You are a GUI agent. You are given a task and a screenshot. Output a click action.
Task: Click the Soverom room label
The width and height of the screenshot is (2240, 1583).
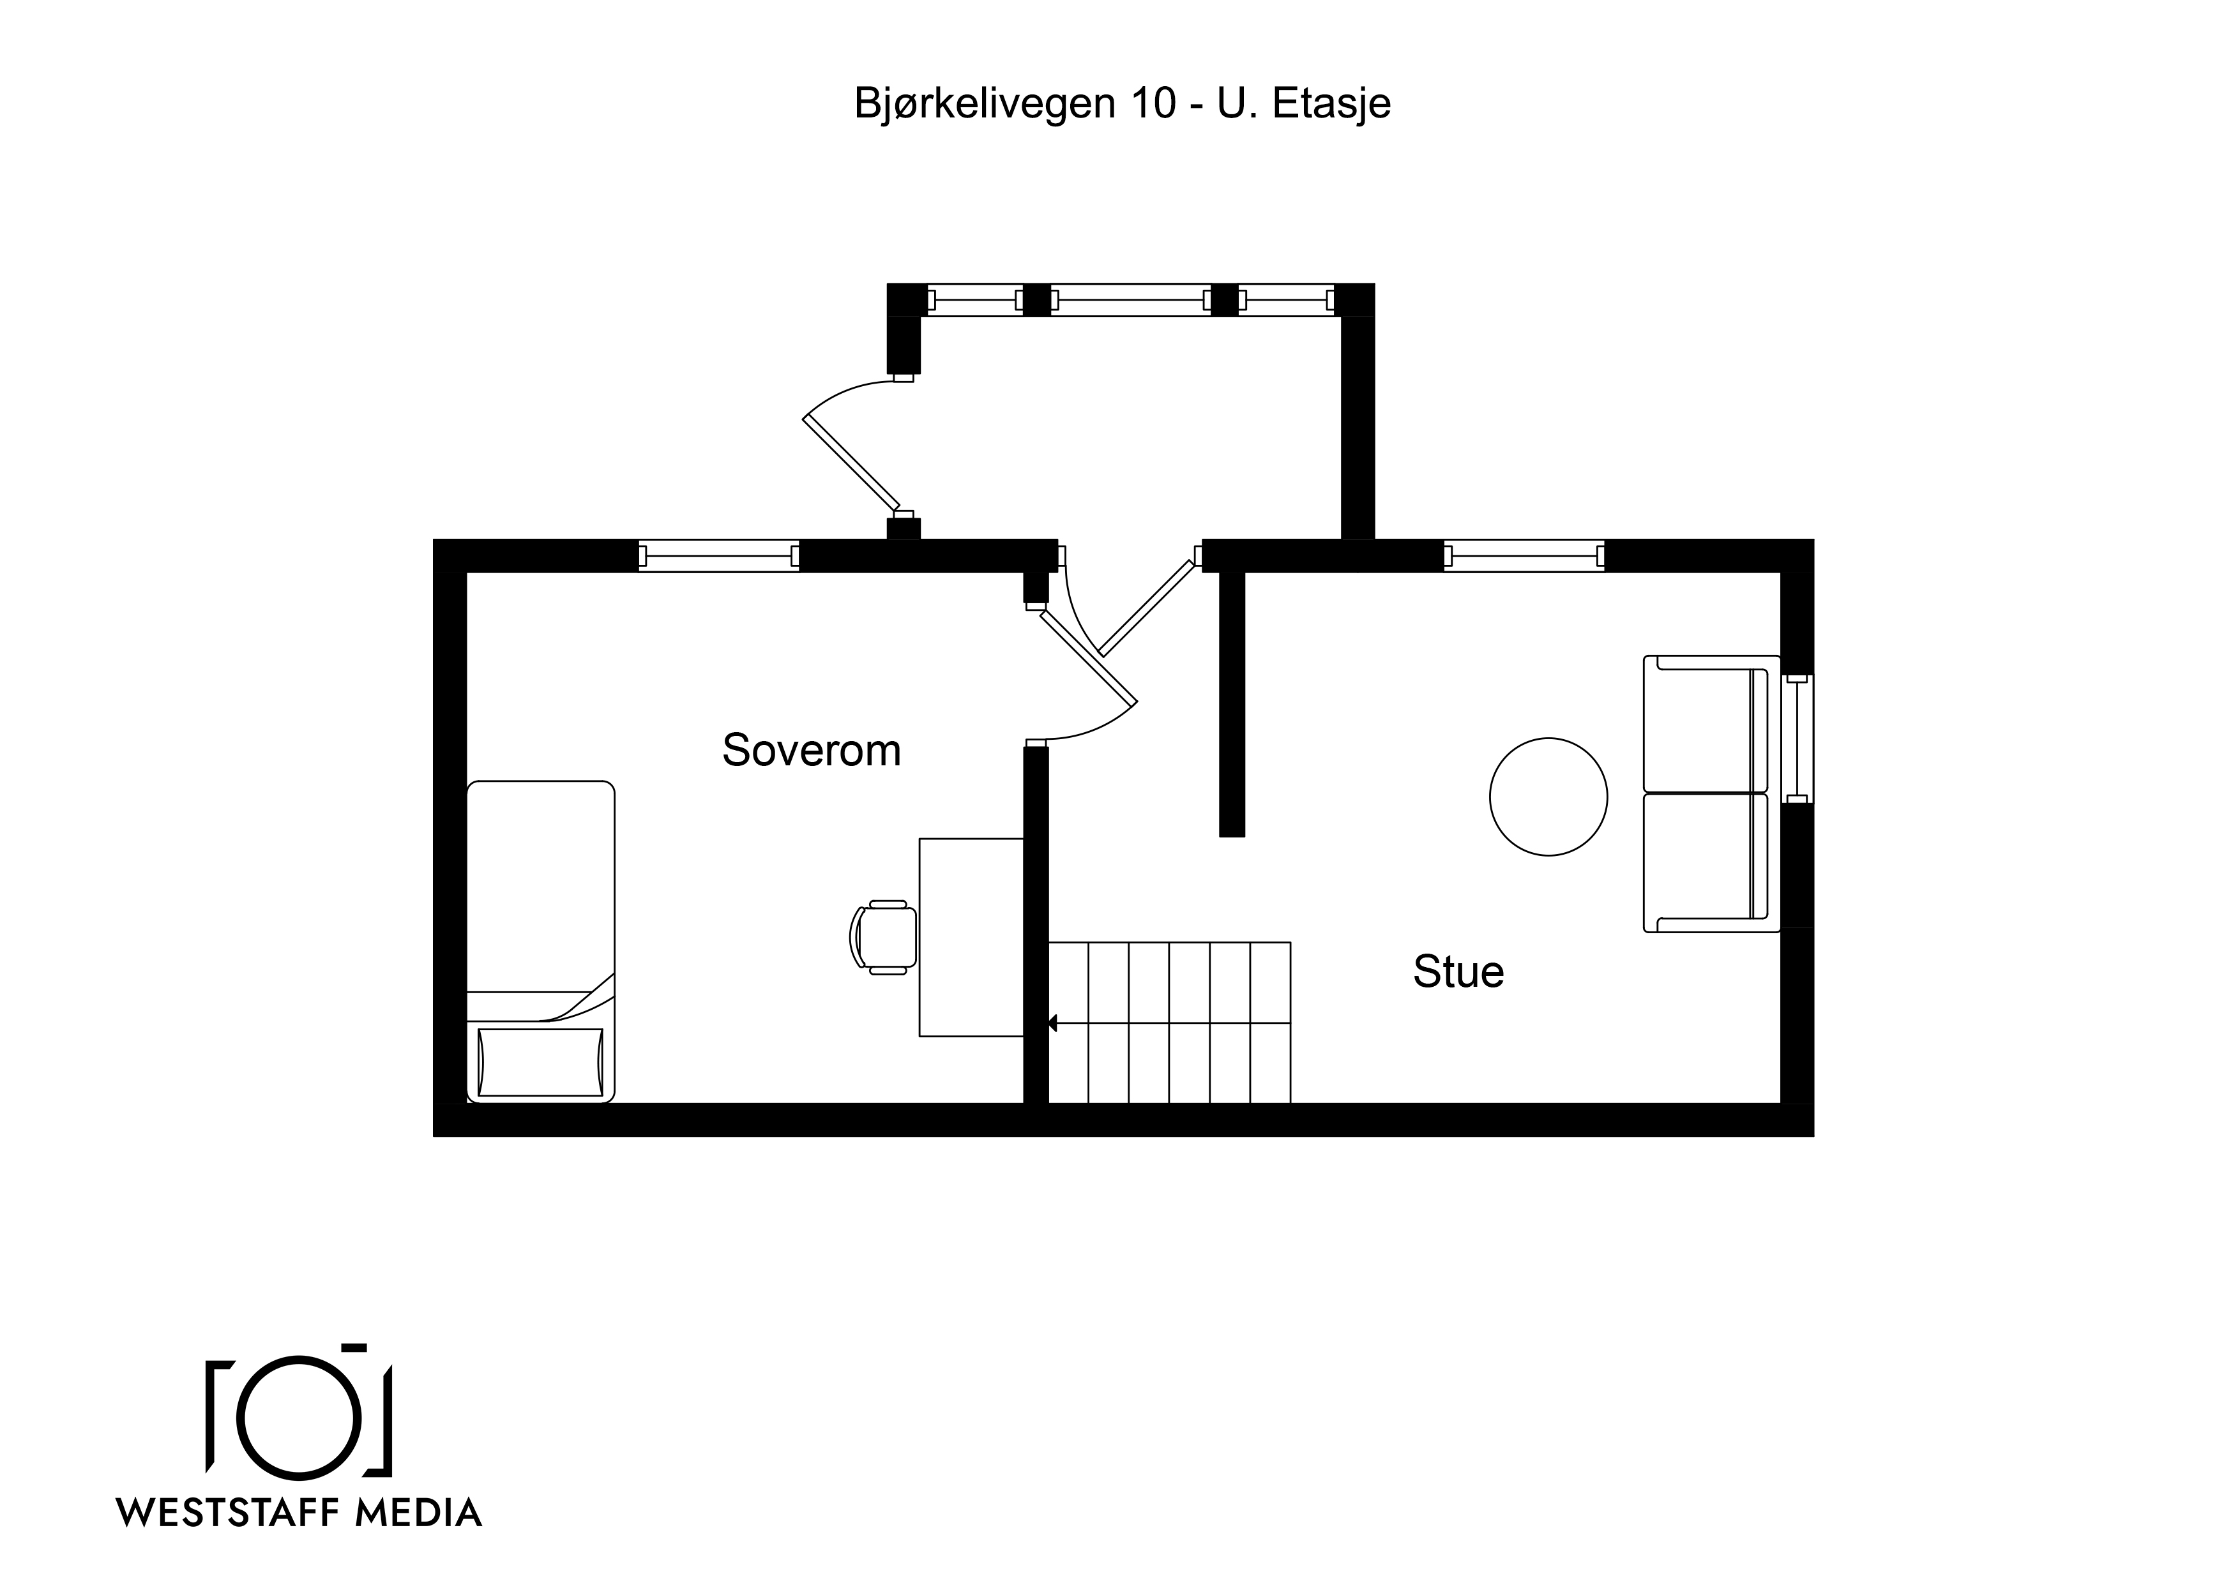(811, 750)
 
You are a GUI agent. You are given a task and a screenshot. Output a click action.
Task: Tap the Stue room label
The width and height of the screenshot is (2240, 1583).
(1458, 972)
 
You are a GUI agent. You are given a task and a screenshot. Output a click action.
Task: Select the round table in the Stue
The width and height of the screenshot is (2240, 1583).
(1548, 797)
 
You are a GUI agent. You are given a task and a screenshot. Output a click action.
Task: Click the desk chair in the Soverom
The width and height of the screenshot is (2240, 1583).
(884, 937)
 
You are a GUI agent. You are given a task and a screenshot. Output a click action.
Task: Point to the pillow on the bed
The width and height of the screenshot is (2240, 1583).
(540, 1062)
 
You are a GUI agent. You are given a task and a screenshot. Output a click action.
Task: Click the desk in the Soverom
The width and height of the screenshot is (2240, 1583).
(972, 937)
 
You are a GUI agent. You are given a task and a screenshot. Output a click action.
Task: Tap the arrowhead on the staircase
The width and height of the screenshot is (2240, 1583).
(1053, 1023)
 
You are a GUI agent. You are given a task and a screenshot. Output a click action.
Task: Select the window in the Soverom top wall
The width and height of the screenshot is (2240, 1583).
(719, 556)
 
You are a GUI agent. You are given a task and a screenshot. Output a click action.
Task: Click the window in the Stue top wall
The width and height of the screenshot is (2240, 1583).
(1524, 556)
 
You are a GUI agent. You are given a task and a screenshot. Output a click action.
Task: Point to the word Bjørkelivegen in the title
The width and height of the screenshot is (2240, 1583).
(985, 104)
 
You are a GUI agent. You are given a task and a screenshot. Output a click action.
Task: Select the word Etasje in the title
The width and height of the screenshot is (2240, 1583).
(1332, 103)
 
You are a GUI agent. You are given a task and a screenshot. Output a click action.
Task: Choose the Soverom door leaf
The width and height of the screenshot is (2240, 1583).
(1089, 656)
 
